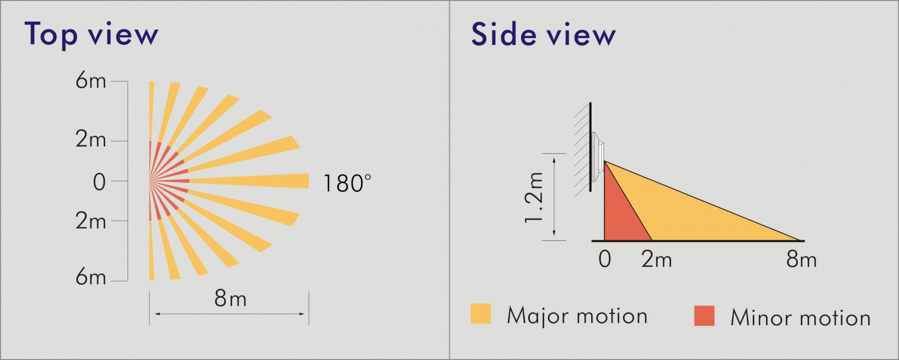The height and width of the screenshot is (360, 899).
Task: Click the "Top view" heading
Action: coord(91,34)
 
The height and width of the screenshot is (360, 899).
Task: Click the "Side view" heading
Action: coord(543,34)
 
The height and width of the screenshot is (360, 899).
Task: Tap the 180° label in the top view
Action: coord(347,184)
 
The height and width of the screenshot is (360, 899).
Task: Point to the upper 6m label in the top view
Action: coord(90,81)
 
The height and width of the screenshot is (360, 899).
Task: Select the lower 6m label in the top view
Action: coord(90,276)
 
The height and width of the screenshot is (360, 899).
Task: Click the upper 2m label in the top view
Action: coord(90,140)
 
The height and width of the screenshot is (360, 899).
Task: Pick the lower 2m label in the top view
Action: coord(90,221)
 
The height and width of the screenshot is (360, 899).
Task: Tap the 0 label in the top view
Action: coord(99,182)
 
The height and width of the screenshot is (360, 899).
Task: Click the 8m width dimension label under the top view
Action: coord(230,298)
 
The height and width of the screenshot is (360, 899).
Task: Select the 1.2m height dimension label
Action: coord(534,197)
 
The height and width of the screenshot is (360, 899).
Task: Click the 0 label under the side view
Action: coord(605,259)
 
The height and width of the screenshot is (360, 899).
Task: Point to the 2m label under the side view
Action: coord(657,259)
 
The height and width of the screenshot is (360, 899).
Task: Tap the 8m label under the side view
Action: coord(801,259)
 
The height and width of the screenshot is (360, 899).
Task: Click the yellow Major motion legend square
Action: coord(481,313)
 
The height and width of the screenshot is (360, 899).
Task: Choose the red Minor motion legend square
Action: coord(705,316)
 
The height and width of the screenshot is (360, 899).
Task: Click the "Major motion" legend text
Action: coord(577,315)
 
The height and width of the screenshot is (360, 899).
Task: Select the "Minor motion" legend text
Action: coord(800,317)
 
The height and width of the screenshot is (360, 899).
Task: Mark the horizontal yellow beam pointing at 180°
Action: coord(249,181)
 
